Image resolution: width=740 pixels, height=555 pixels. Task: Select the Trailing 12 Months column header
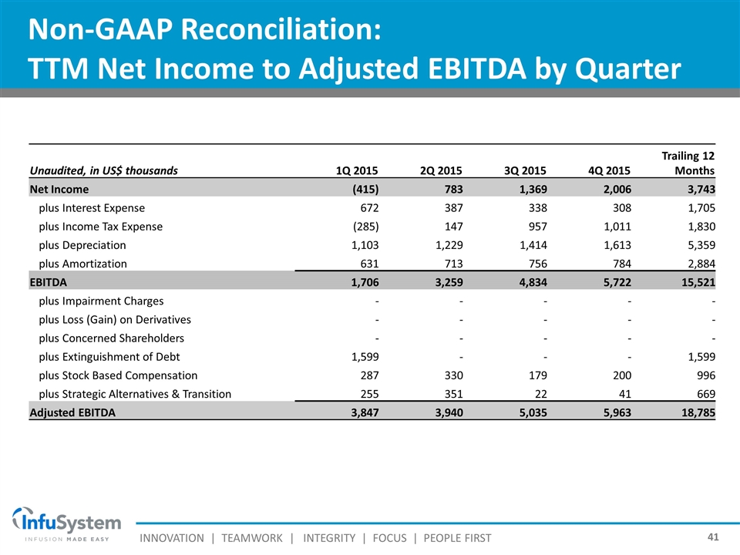coord(691,163)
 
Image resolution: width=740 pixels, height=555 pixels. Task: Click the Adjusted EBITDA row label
coord(72,412)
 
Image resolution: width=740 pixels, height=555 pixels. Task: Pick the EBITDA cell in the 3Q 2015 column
coord(528,282)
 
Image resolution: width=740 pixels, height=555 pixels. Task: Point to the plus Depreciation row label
coord(82,245)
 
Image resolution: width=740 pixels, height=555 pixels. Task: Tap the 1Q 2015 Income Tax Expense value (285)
coord(365,227)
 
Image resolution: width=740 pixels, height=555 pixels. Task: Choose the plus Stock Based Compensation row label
coord(118,375)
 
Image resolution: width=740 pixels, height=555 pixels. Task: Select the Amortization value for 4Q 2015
coord(616,264)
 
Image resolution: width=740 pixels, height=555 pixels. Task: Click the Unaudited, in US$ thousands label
coord(103,170)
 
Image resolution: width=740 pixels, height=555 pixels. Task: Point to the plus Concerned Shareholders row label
coord(111,338)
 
